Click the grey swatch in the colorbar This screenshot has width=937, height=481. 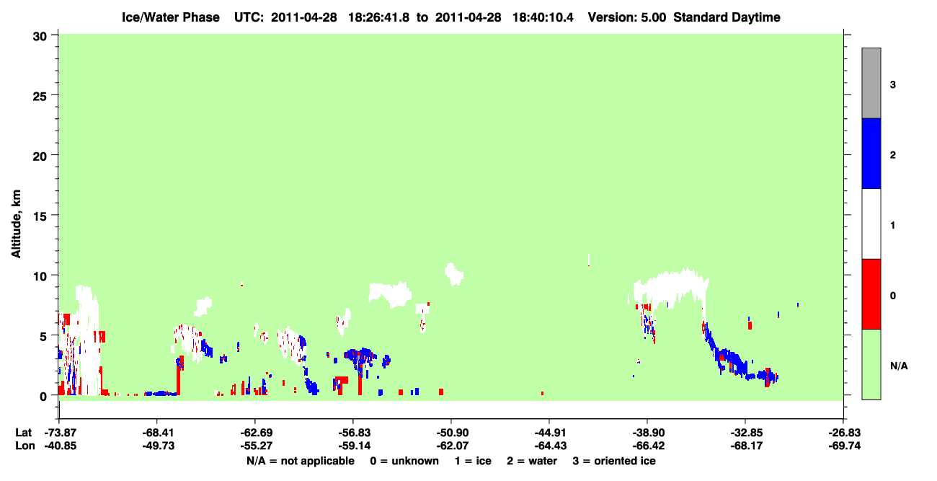tap(871, 83)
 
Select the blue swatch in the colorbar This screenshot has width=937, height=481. tap(871, 153)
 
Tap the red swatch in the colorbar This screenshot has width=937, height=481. tap(871, 294)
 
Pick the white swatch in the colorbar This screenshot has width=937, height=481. tap(871, 224)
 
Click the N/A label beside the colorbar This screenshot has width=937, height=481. tap(899, 366)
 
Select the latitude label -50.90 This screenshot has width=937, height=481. tap(451, 433)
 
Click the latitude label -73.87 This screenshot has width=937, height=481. tap(61, 433)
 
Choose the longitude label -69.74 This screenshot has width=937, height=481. tap(844, 446)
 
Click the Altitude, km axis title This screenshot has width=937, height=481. tap(16, 224)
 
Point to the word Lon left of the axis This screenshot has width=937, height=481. tap(25, 446)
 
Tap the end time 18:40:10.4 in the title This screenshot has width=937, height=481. tap(543, 17)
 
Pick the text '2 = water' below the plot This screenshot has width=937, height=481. tap(532, 461)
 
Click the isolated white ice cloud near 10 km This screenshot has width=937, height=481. tap(453, 274)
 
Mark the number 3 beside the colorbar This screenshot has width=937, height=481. tap(892, 84)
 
